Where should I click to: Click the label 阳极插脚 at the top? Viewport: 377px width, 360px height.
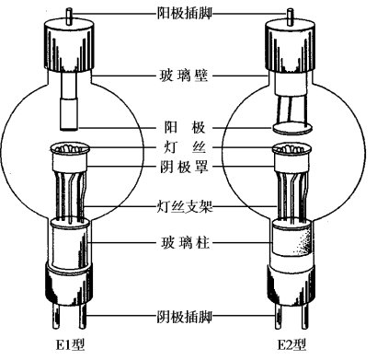coord(184,13)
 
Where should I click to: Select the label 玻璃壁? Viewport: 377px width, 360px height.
coord(184,75)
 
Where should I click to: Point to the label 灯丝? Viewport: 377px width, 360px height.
coord(185,147)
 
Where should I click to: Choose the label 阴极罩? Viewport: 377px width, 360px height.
coord(184,167)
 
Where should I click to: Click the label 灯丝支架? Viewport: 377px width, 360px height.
coord(185,206)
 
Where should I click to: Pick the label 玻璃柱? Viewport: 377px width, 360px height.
coord(185,242)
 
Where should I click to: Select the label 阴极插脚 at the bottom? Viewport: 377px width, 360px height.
coord(185,316)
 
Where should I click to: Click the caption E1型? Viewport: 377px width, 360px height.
coord(70,344)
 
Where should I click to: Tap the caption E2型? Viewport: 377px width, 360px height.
coord(291,344)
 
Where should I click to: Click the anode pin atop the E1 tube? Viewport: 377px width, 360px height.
coord(69,16)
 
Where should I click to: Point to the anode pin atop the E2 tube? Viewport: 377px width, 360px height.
coord(290,16)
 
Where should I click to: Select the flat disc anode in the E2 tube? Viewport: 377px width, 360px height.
coord(292,127)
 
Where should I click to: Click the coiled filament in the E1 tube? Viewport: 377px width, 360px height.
coord(69,148)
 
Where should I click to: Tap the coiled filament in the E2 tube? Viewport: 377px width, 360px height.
coord(291,149)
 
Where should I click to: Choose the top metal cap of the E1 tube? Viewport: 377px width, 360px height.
coord(69,44)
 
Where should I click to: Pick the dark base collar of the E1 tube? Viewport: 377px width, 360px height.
coord(69,284)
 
